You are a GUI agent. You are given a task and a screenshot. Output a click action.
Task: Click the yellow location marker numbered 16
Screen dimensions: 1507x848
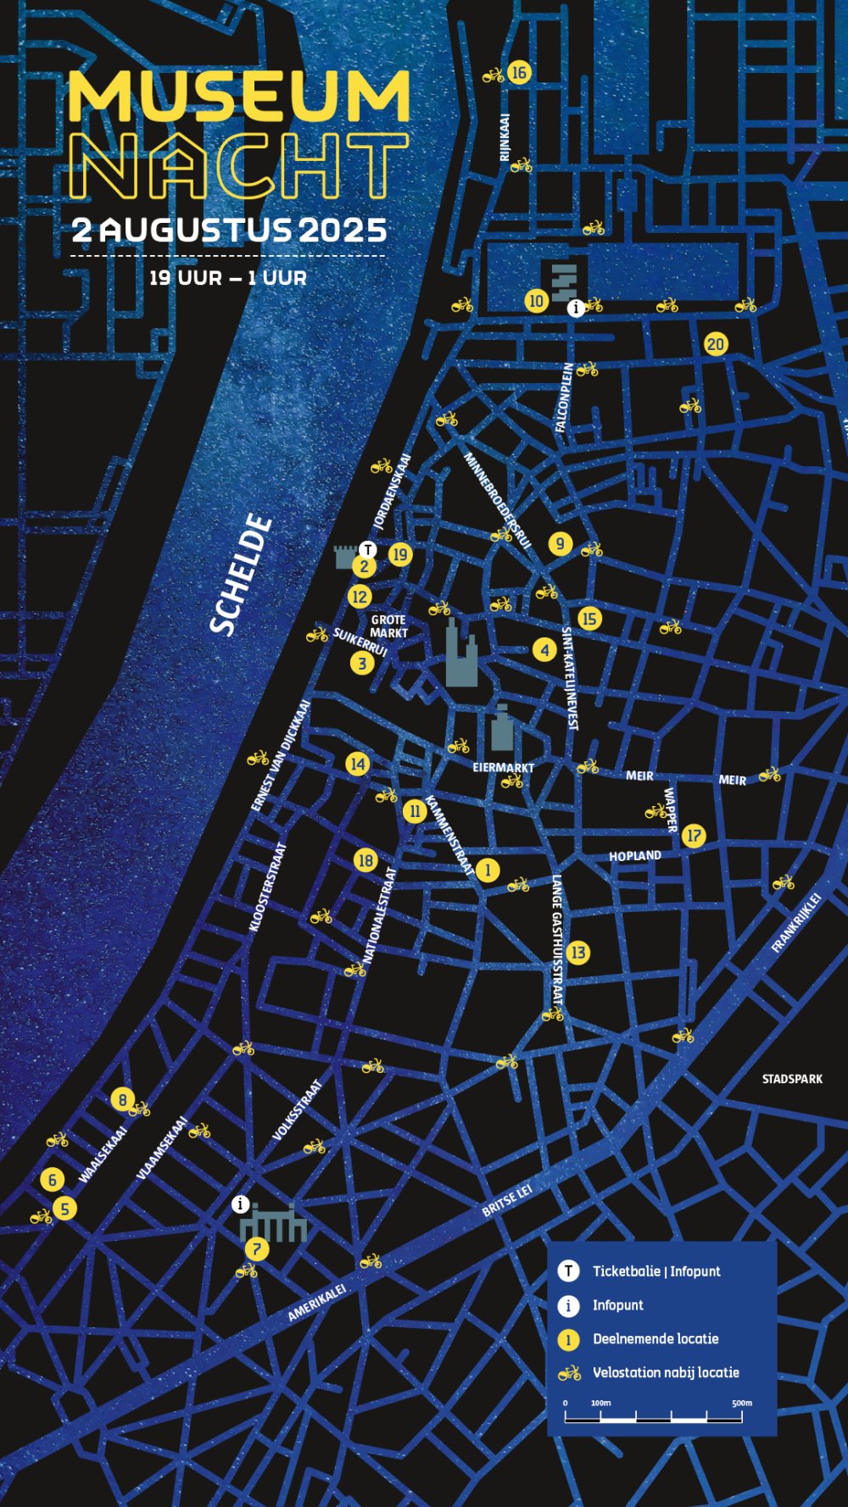[519, 73]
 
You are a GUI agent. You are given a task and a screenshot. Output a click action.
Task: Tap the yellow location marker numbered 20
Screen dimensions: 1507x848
[716, 344]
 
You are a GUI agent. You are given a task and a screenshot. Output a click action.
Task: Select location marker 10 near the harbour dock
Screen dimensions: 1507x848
[536, 301]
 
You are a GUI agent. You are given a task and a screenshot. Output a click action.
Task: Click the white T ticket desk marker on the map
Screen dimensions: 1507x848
[367, 549]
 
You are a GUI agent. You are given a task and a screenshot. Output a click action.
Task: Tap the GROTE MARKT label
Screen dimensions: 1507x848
[388, 626]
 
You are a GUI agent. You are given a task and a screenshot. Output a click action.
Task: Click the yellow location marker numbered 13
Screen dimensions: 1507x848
[577, 953]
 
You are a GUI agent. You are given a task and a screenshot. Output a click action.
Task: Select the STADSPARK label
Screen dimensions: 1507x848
[791, 1079]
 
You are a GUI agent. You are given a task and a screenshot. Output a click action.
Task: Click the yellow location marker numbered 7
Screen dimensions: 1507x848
[256, 1248]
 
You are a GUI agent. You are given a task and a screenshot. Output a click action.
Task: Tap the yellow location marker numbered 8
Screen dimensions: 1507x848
[122, 1100]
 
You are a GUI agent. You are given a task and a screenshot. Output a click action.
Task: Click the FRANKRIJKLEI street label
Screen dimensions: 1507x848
[796, 923]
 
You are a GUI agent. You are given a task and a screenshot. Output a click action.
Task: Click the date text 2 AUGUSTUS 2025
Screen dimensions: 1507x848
[229, 230]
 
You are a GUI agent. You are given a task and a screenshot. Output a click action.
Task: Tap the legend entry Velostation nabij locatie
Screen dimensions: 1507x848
[666, 1372]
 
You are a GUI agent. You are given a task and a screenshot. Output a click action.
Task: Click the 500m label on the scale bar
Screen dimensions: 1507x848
[742, 1403]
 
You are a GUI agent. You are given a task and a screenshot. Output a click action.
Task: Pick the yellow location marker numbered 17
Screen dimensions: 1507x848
[694, 836]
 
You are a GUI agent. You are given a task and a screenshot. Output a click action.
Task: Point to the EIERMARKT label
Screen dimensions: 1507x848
[503, 767]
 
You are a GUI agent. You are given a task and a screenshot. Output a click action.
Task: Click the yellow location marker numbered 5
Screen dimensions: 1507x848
[64, 1208]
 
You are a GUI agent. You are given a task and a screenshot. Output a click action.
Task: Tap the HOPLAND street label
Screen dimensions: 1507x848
[634, 856]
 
